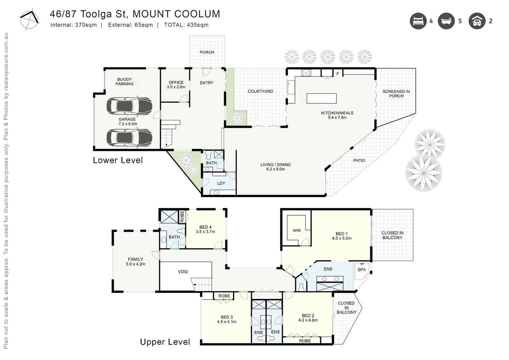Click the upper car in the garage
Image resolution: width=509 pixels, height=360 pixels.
129,106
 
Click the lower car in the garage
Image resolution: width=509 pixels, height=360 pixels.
129,137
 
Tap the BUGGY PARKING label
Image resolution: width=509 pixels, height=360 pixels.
124,82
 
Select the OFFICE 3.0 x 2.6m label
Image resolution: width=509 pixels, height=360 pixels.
176,85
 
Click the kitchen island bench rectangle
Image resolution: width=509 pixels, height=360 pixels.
321,98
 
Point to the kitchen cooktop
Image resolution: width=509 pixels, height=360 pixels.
306,72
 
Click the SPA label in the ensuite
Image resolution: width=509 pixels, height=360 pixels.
361,270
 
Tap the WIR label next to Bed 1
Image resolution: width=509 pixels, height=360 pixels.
296,230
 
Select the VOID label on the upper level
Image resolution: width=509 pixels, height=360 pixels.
183,272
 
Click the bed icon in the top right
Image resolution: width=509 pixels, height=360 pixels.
418,21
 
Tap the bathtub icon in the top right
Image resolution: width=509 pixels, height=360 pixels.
446,21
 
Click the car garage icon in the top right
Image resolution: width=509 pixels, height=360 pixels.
477,21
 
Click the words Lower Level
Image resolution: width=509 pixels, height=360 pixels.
118,160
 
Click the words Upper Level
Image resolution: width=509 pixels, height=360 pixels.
165,342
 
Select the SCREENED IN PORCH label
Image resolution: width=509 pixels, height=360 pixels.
396,94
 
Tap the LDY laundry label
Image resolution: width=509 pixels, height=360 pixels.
221,183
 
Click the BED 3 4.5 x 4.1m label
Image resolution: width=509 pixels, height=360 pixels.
227,319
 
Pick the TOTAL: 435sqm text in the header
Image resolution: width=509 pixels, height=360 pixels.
186,25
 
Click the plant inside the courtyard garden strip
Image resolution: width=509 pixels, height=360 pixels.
237,118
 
